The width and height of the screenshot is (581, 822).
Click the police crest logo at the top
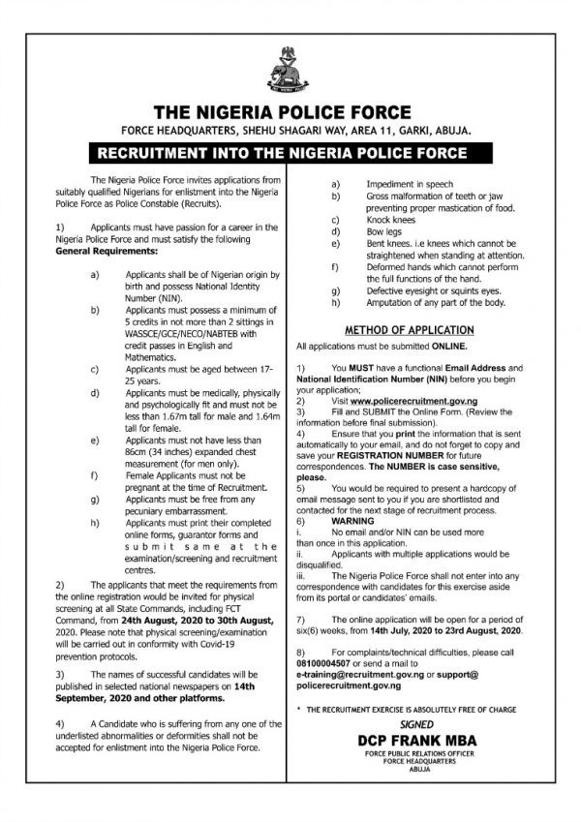pos(290,65)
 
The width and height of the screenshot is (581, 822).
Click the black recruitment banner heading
pos(290,153)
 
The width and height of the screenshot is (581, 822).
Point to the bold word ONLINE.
pos(444,346)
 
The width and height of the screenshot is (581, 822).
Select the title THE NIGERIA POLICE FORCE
pos(290,109)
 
